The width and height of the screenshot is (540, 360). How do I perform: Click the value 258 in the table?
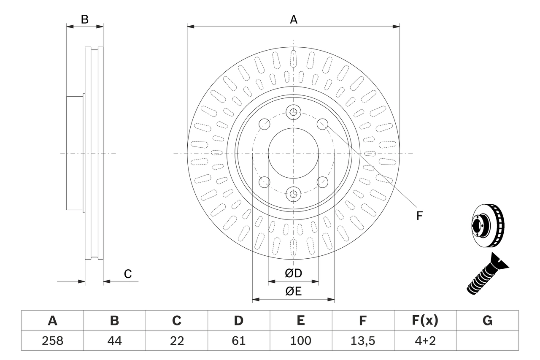(52, 341)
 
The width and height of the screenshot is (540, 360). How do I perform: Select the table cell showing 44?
(114, 341)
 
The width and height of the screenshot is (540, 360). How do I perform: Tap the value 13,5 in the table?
(363, 341)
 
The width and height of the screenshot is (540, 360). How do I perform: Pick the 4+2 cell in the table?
(425, 341)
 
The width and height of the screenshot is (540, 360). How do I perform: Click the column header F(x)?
(425, 321)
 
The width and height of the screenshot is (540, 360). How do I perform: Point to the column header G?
(487, 321)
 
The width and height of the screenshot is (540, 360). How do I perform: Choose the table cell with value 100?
(300, 341)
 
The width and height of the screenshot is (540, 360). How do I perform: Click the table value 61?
(239, 341)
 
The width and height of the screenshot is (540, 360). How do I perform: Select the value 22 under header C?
(176, 341)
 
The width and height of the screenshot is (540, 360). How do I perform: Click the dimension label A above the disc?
(293, 19)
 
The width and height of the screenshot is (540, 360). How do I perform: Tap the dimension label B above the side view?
(85, 19)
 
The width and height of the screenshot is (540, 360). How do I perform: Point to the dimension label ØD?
(293, 273)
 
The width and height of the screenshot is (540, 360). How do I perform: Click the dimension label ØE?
(293, 292)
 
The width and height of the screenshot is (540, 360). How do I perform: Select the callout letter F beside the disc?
(419, 216)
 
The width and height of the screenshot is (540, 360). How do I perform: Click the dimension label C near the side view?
(128, 274)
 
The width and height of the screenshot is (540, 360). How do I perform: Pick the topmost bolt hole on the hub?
(293, 112)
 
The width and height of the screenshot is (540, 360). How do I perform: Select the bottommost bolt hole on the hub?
(293, 194)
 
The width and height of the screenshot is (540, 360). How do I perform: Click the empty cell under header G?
(487, 341)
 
